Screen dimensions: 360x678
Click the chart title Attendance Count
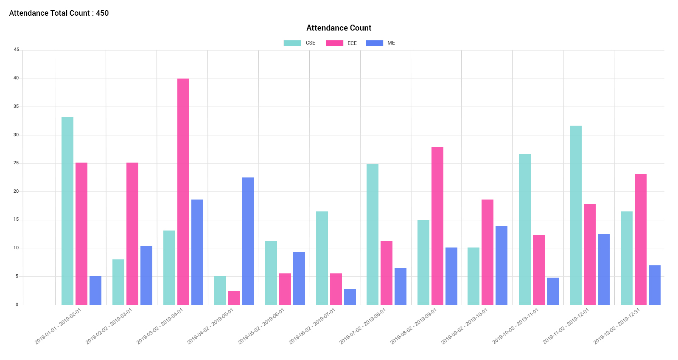339,28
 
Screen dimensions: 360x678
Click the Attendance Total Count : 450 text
59,13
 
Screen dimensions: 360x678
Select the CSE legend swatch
292,43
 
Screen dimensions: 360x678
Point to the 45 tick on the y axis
17,50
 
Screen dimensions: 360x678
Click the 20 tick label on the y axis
17,191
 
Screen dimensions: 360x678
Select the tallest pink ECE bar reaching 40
183,191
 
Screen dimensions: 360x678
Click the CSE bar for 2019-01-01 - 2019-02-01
67,211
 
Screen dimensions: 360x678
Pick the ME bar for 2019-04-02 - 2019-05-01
248,241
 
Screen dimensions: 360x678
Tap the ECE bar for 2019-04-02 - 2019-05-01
234,298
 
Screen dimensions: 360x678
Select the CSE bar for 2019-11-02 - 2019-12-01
576,215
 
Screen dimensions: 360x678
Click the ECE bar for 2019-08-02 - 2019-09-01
437,226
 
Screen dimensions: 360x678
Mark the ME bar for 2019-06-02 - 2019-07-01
350,297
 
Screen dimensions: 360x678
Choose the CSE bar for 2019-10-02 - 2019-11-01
525,229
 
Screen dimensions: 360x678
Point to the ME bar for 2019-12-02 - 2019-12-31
655,285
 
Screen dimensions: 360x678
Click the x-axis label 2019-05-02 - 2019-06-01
261,326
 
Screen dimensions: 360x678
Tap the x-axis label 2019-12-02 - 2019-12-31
617,326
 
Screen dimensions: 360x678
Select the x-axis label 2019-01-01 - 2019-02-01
58,326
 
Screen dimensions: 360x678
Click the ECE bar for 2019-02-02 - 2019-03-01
132,233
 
